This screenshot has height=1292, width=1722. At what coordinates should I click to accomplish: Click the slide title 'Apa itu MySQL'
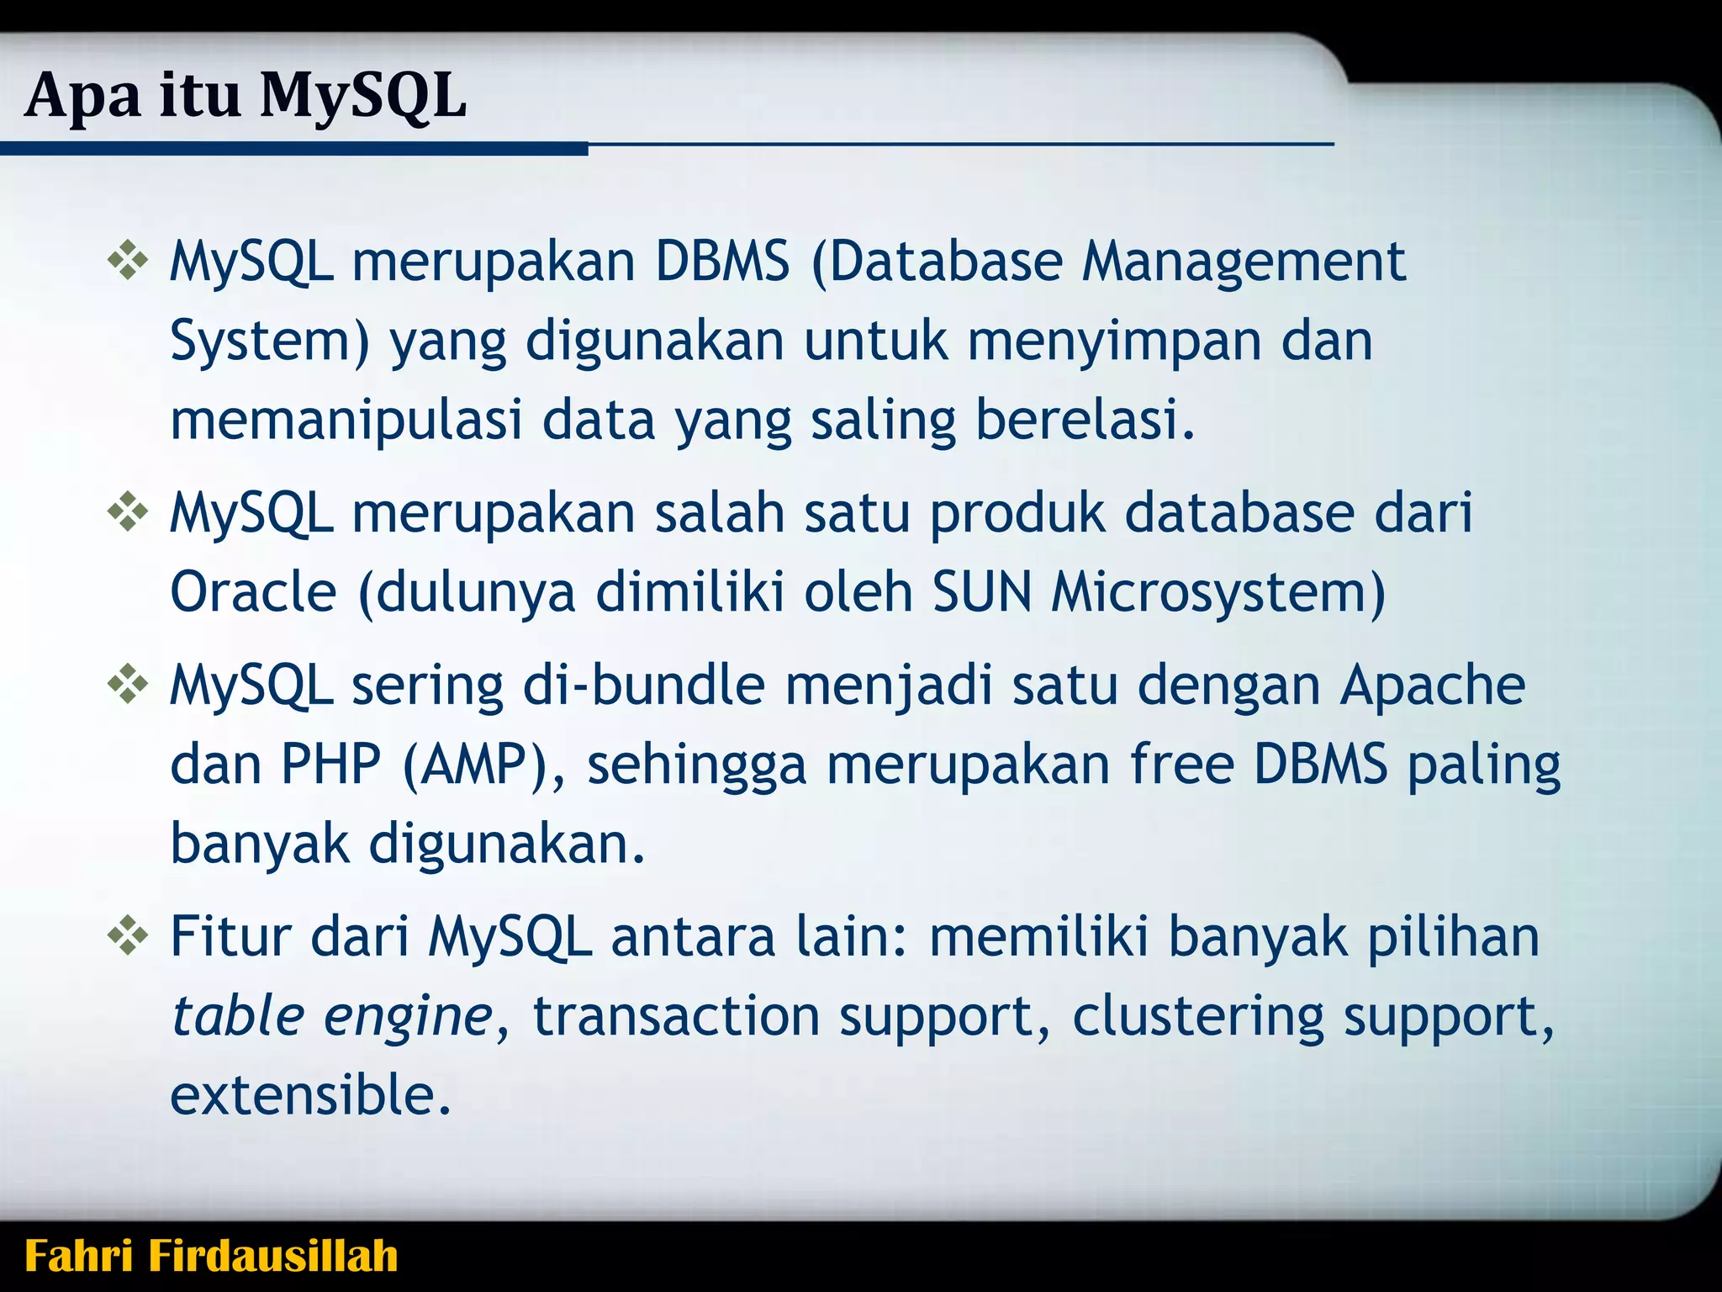[x=246, y=96]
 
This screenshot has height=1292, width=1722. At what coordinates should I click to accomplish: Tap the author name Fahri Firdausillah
[x=211, y=1256]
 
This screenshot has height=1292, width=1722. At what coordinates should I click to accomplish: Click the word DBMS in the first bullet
[x=722, y=261]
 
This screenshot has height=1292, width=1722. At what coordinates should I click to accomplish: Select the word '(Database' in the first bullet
[x=938, y=262]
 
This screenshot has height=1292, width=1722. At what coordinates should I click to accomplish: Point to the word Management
[x=1244, y=262]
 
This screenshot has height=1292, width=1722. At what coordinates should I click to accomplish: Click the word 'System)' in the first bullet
[x=270, y=342]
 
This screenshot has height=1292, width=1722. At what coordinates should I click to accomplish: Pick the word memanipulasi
[x=346, y=421]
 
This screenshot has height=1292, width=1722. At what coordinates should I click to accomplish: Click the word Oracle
[x=253, y=592]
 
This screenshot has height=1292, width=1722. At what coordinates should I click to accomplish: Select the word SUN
[x=981, y=592]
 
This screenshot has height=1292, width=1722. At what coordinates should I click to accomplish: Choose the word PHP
[x=330, y=765]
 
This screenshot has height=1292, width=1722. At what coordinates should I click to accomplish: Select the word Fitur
[x=230, y=936]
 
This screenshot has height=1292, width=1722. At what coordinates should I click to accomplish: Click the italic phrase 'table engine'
[x=331, y=1017]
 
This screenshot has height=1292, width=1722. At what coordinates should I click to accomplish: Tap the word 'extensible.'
[x=311, y=1095]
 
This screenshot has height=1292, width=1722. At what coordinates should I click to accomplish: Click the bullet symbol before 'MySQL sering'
[x=128, y=684]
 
